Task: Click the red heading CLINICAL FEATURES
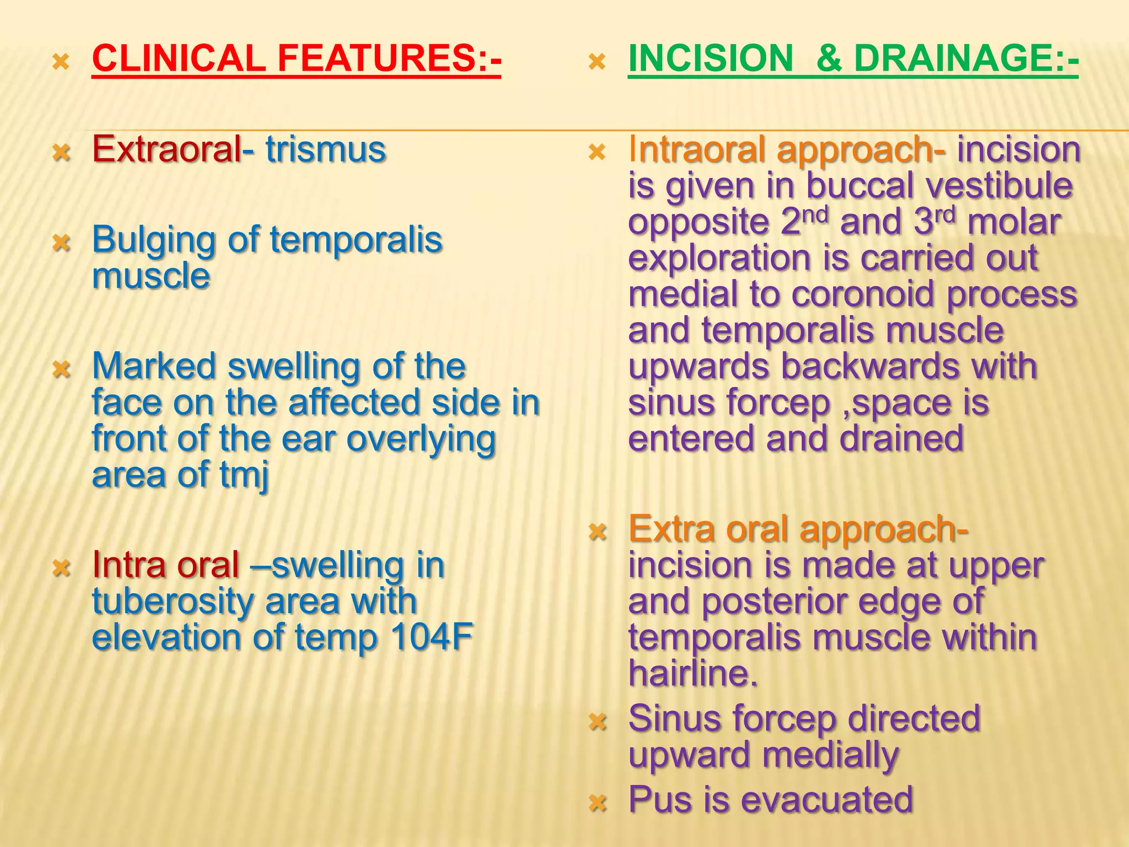296,58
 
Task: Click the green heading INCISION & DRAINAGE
853,58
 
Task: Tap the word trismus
325,149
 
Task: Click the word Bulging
153,241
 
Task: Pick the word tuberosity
173,601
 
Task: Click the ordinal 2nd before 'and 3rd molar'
805,221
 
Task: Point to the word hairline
692,674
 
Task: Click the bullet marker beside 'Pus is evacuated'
598,802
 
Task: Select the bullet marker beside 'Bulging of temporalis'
61,242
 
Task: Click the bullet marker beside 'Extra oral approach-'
598,532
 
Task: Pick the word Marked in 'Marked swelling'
153,366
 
